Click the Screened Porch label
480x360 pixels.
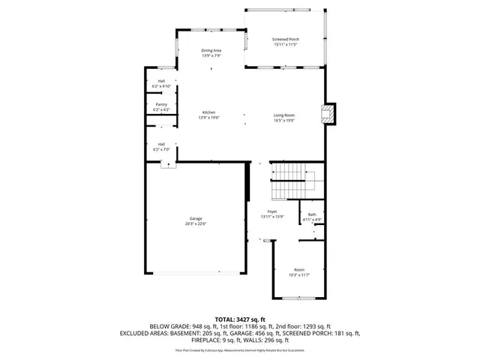(x=284, y=39)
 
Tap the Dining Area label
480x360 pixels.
(x=211, y=50)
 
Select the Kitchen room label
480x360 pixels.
(x=208, y=112)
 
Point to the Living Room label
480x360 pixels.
(x=283, y=115)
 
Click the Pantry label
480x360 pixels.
(x=161, y=105)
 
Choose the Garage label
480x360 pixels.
(x=195, y=219)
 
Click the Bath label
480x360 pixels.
(x=312, y=215)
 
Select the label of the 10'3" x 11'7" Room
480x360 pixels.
(x=299, y=269)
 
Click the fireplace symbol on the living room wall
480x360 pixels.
(x=326, y=114)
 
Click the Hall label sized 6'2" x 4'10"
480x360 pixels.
(x=161, y=81)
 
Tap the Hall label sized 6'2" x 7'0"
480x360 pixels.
(x=161, y=144)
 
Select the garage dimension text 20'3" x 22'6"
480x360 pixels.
(x=196, y=224)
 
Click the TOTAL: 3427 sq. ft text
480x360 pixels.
(x=240, y=319)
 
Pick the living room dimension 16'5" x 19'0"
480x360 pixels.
(x=284, y=120)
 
